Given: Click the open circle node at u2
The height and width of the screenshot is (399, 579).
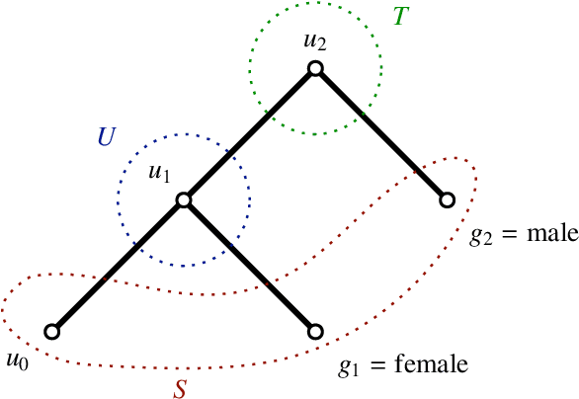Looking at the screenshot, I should click(315, 68).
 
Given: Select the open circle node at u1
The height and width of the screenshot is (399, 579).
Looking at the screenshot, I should click(183, 199).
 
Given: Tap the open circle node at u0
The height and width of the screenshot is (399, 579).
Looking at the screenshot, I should click(51, 332).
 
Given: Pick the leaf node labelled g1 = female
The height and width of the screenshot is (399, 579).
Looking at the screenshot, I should click(315, 332).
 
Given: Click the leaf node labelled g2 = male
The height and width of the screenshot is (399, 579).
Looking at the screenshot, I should click(447, 200).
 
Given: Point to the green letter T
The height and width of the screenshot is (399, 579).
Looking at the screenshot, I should click(400, 17).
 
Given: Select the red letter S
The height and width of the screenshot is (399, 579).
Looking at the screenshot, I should click(180, 388).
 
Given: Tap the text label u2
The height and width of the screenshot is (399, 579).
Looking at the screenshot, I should click(315, 41).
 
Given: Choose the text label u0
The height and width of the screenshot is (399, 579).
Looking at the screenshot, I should click(17, 359).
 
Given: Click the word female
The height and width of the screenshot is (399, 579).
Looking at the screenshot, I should click(431, 365).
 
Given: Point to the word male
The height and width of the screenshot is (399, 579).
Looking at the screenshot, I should click(544, 235).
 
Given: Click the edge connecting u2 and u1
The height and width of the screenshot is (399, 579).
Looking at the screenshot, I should click(249, 134).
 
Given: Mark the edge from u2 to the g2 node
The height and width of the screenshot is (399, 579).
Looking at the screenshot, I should click(380, 134).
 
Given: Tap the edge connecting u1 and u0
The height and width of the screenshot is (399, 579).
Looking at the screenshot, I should click(117, 267).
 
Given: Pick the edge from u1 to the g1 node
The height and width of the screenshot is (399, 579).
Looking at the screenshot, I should click(249, 266).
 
